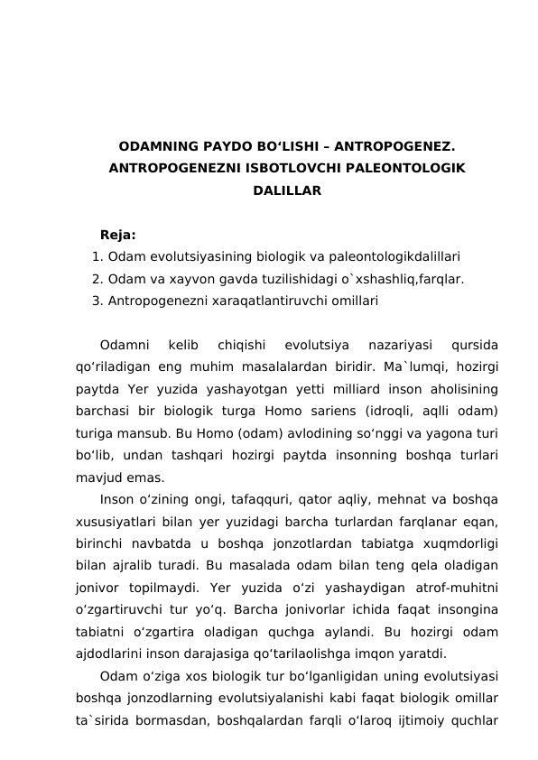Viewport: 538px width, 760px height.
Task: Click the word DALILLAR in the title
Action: (x=286, y=191)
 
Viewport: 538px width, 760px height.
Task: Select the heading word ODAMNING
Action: (x=158, y=145)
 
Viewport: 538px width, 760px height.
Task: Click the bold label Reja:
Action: (x=118, y=236)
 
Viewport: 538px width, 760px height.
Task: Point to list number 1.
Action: (x=97, y=256)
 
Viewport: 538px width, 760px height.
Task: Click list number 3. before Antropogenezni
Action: (x=97, y=300)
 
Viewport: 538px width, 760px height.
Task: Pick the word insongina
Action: (x=466, y=608)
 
